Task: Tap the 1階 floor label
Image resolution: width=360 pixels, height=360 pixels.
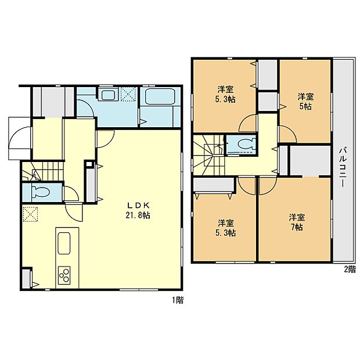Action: (177, 300)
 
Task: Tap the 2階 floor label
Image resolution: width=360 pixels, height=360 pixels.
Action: (349, 269)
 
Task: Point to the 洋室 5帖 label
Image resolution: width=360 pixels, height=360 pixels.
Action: (306, 102)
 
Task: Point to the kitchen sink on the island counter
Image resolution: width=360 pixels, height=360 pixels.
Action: (63, 243)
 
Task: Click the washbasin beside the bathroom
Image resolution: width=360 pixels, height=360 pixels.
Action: (107, 95)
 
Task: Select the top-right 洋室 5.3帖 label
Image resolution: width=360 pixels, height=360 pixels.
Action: (226, 95)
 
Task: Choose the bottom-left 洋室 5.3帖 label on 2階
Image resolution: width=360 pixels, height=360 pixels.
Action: (226, 228)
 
